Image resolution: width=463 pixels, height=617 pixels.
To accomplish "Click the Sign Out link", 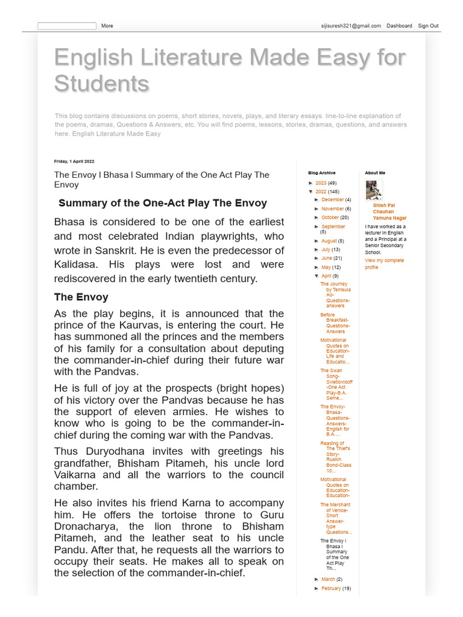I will point(428,26).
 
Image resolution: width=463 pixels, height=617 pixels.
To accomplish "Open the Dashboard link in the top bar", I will point(399,26).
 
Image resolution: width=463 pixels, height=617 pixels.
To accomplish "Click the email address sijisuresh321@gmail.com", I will point(351,26).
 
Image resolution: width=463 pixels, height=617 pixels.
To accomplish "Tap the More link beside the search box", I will point(107,26).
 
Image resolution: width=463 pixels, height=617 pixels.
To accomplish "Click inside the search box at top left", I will point(66,26).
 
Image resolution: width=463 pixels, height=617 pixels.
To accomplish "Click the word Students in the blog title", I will point(101,83).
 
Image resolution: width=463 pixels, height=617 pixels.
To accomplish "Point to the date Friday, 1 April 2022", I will point(74,161).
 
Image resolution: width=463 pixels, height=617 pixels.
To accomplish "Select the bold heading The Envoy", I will point(81,297).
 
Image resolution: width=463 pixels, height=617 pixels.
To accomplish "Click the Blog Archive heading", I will point(321,173).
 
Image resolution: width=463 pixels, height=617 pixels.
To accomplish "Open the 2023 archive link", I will point(321,183).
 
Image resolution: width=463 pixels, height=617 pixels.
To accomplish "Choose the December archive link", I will point(332,199).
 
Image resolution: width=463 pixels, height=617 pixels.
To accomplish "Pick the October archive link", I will point(330,218).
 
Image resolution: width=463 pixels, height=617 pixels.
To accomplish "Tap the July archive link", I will point(326,249).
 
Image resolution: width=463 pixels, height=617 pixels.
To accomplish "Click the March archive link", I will point(328,579).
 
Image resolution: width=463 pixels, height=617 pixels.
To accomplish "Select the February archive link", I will point(331,588).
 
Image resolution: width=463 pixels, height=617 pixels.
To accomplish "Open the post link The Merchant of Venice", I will point(336,518).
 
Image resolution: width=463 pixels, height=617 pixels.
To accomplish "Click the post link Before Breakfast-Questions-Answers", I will point(335,323).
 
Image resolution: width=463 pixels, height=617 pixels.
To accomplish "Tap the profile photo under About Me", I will point(374,190).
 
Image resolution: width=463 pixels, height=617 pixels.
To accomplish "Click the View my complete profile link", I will point(384,264).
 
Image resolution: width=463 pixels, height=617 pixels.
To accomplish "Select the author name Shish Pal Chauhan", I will point(389,211).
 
